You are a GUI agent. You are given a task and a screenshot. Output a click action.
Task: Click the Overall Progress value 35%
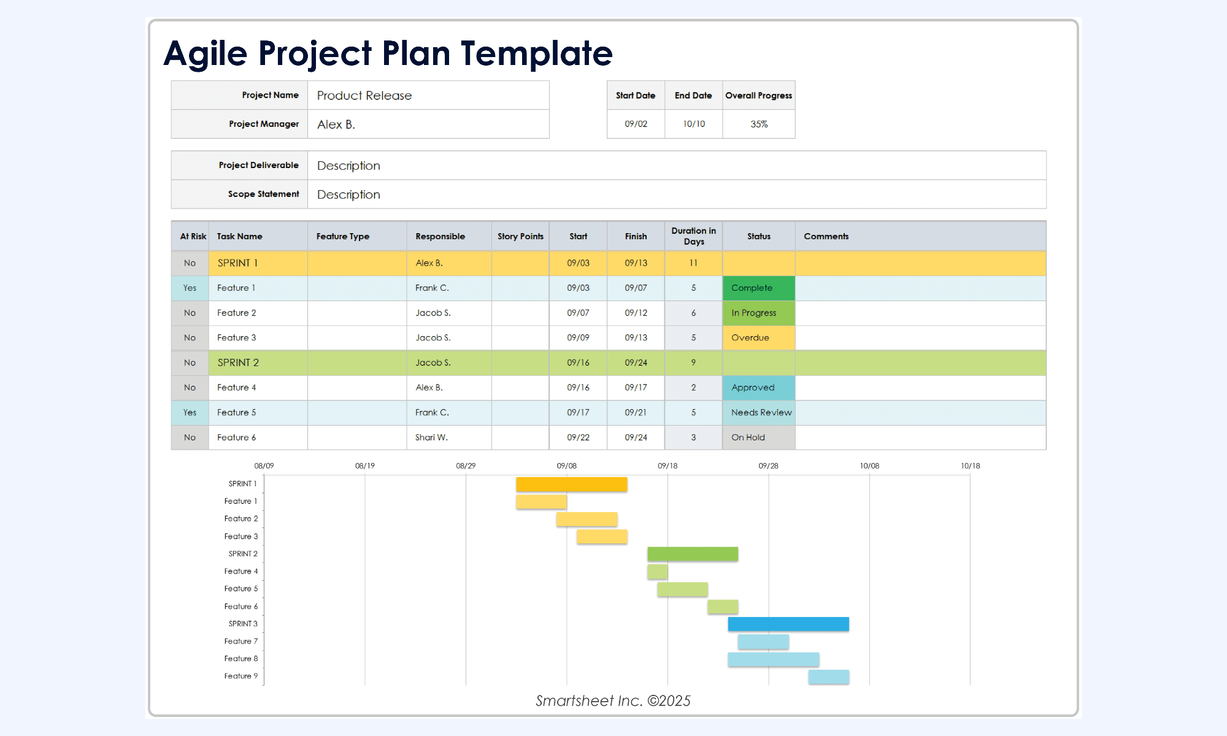(x=759, y=124)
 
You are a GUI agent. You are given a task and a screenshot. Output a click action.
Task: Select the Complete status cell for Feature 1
(x=759, y=288)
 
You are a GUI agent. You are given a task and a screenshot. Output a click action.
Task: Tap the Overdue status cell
(x=759, y=338)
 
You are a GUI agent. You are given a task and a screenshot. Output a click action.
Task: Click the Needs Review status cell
(x=759, y=413)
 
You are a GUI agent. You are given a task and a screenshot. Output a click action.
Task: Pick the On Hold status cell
(x=759, y=438)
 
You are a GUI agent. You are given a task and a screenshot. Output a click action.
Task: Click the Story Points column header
(x=520, y=236)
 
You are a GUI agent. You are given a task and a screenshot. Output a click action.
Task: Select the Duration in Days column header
(x=693, y=236)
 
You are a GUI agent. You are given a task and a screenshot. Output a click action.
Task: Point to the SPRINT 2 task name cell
(x=258, y=363)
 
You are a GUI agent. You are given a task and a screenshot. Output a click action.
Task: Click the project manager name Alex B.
(x=336, y=125)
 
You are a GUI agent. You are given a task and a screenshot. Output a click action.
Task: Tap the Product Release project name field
(x=428, y=96)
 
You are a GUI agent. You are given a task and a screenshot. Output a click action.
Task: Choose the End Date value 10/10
(x=694, y=124)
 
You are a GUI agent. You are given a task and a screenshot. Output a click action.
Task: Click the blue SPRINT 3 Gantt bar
(x=788, y=624)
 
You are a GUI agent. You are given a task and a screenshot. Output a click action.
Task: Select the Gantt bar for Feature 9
(x=829, y=677)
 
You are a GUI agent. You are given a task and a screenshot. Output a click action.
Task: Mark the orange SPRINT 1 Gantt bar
(x=572, y=485)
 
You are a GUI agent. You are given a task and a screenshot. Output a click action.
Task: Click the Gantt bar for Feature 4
(x=658, y=572)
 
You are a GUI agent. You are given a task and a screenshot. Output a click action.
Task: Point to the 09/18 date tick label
(x=667, y=466)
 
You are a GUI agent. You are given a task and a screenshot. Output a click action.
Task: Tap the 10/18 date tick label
(x=970, y=466)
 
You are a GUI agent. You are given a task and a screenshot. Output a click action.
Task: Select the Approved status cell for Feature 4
(x=759, y=388)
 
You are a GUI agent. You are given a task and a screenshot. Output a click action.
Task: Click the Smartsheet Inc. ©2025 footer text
(x=613, y=701)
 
